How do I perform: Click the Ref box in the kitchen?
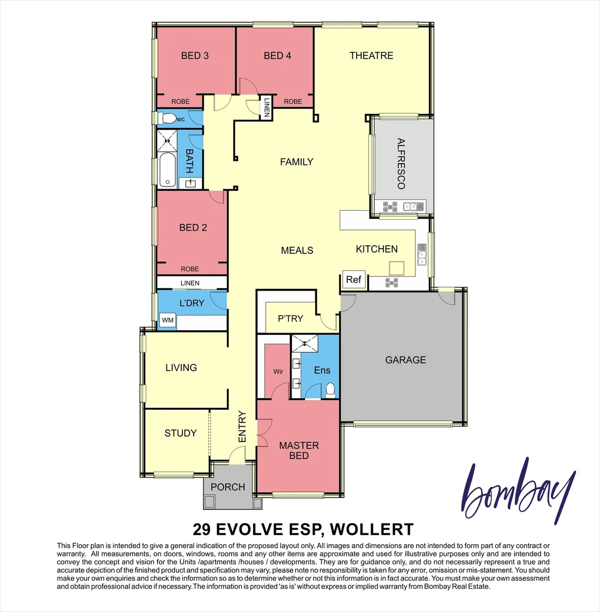tap(353, 279)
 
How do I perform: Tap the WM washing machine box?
tap(168, 321)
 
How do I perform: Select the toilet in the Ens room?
tap(330, 390)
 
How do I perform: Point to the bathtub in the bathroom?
tap(167, 170)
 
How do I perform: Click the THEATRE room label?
tap(371, 56)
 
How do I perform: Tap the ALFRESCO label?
tap(401, 164)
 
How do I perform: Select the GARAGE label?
tap(405, 360)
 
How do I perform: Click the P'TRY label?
tap(290, 318)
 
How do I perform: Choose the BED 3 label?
tap(195, 56)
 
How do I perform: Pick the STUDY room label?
tap(181, 433)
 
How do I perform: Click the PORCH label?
tap(228, 487)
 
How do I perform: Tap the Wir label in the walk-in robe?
tap(278, 372)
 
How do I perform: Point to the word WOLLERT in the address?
tap(371, 530)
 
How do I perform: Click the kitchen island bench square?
tap(397, 267)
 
